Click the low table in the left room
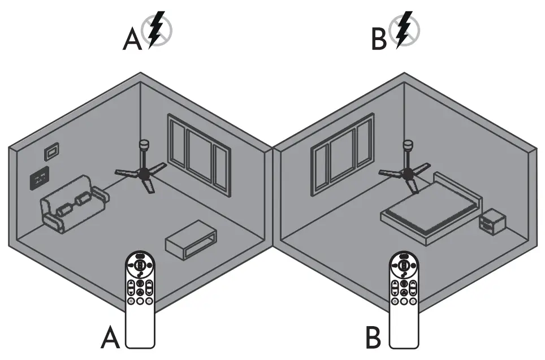point(191,240)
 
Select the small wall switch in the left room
point(52,151)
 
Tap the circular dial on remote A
point(139,263)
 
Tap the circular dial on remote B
point(404,263)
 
